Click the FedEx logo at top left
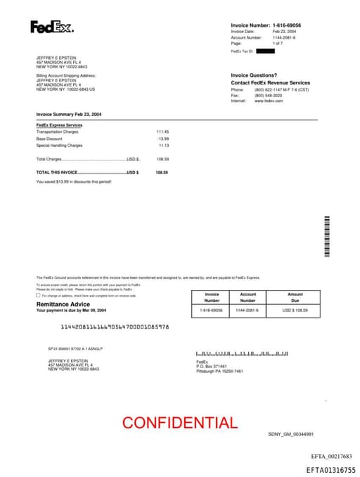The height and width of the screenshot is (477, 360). (x=51, y=27)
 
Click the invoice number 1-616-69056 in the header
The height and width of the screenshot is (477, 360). (x=292, y=25)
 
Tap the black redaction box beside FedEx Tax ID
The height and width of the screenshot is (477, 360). (x=265, y=51)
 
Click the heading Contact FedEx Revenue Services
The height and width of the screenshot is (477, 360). (x=270, y=83)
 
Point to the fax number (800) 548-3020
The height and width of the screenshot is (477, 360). (x=267, y=96)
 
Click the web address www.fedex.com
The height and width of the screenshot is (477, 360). (x=269, y=101)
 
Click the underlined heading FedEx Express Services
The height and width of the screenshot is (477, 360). (x=59, y=125)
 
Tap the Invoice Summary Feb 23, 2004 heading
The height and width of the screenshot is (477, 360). (x=69, y=113)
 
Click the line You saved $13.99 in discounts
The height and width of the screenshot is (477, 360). (x=73, y=182)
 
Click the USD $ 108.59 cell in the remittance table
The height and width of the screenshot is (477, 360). (x=295, y=310)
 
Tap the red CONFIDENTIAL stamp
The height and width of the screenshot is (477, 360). (x=180, y=423)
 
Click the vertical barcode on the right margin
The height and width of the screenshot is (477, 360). (x=326, y=236)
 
